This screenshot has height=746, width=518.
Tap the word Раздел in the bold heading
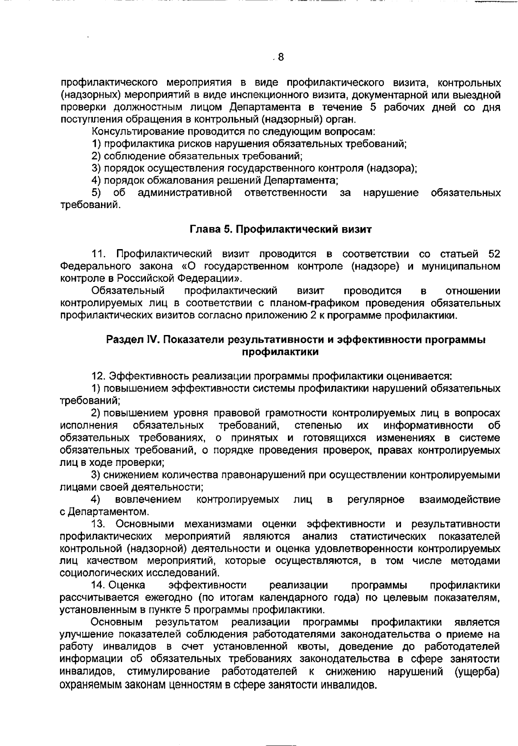pos(122,340)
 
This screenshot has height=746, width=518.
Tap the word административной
pos(185,193)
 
